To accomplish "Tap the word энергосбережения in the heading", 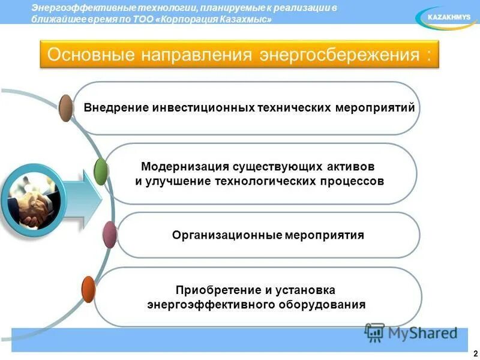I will pyautogui.click(x=339, y=55).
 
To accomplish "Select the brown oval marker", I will pyautogui.click(x=66, y=108).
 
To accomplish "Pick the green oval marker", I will pyautogui.click(x=101, y=171).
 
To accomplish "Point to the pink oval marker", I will pyautogui.click(x=109, y=235).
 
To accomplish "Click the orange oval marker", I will pyautogui.click(x=88, y=289).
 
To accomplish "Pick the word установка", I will pyautogui.click(x=310, y=290).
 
